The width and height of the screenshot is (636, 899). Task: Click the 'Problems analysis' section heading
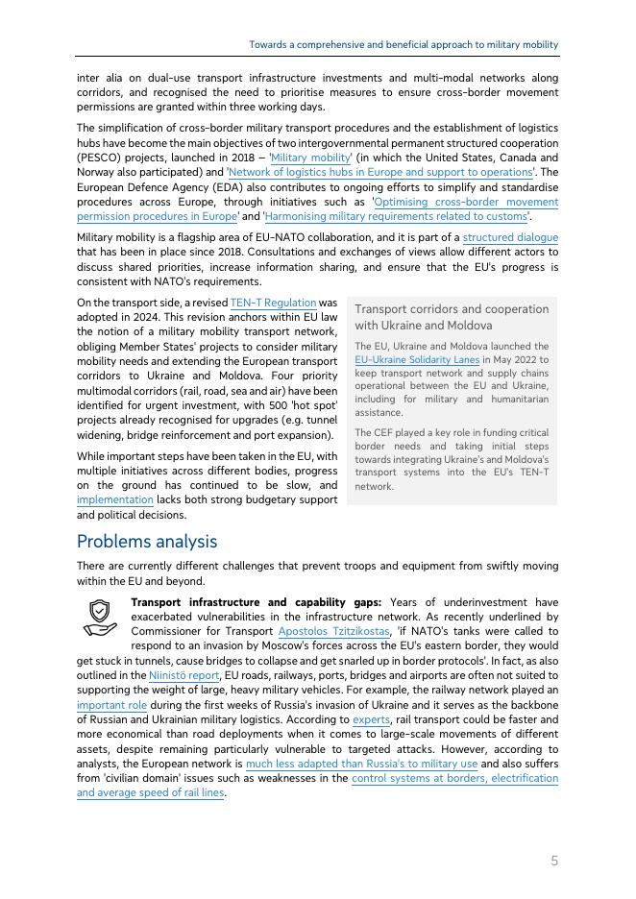coord(147,542)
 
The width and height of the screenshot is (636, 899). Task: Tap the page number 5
coord(554,861)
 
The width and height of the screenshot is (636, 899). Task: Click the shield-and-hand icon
coord(99,618)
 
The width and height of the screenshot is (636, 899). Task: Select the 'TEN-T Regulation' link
coord(273,303)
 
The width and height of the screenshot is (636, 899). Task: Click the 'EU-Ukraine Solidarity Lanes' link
coord(417,359)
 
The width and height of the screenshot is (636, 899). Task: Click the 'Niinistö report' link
coord(184,675)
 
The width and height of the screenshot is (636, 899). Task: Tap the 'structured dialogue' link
coord(510,237)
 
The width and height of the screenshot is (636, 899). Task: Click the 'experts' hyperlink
coord(371,718)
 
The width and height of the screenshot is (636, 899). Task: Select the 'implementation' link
coord(114,499)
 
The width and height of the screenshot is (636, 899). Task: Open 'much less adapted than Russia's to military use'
coord(361,764)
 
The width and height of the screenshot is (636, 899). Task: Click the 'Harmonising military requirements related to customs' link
coord(395,216)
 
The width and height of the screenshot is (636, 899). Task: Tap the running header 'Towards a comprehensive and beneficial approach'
coord(404,45)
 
